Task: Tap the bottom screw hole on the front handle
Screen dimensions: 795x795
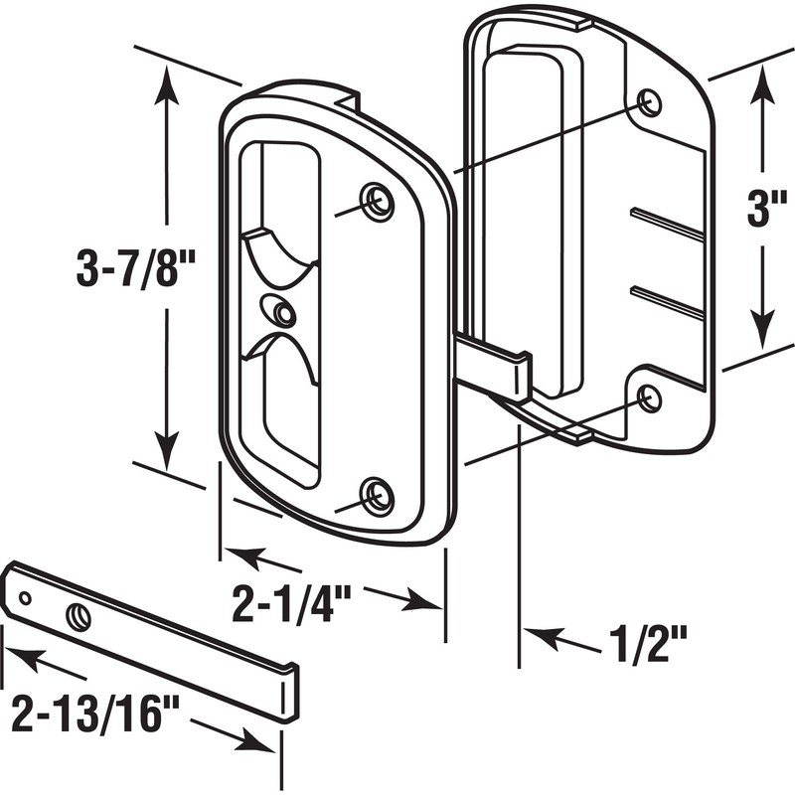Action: coord(376,495)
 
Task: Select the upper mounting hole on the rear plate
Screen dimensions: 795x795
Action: coord(649,102)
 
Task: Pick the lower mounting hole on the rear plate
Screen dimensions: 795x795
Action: coord(649,398)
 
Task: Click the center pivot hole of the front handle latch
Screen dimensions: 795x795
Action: coord(284,314)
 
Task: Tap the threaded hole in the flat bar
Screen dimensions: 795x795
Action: coord(78,617)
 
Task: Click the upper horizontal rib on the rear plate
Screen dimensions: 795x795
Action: coord(667,224)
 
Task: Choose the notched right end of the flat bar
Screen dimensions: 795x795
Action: coord(288,694)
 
